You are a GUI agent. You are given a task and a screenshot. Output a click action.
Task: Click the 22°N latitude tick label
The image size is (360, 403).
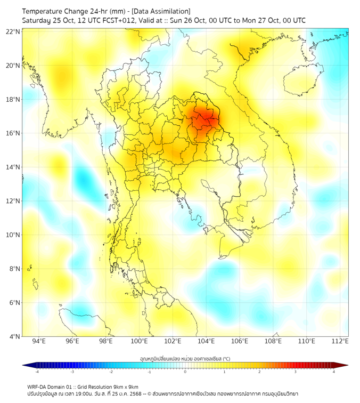pos(13,31)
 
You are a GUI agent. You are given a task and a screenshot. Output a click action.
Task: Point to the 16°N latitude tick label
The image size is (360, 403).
pos(13,133)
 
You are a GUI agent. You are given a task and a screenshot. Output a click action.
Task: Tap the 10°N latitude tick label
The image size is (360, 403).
pos(13,235)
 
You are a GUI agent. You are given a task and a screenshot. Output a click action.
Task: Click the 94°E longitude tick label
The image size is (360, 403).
pos(39,342)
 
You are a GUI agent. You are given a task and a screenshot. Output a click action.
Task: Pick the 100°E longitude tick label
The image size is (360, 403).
pos(139,342)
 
